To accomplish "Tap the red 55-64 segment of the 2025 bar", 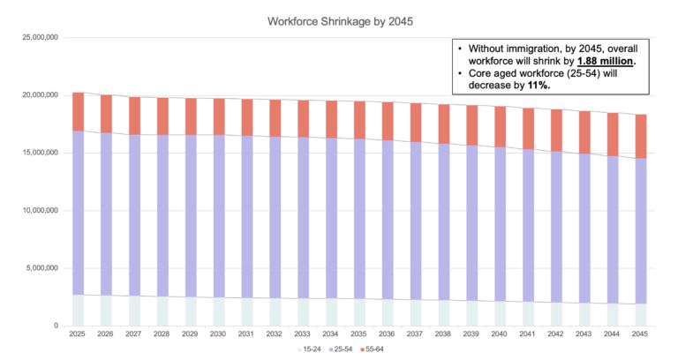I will (x=78, y=111).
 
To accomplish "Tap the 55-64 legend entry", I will (x=371, y=350).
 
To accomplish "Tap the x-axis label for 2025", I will (x=78, y=334).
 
